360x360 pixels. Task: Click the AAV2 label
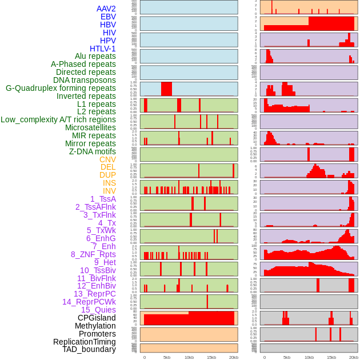[106, 9]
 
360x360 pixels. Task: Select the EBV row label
[108, 17]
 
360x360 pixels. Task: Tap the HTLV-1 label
[102, 49]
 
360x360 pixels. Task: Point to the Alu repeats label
[95, 56]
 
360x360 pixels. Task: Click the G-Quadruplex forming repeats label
[61, 88]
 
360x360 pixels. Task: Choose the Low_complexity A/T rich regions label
[58, 119]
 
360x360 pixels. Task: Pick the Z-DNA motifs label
[93, 151]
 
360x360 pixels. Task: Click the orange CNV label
[107, 159]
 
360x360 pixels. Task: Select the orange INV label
[109, 191]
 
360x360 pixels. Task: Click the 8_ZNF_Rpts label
[93, 254]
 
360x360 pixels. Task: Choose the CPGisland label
[97, 318]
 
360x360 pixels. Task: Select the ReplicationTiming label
[85, 342]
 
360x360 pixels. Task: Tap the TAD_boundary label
[89, 349]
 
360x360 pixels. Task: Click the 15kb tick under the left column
[211, 357]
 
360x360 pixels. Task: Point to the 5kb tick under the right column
[287, 357]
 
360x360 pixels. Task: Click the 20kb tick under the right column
[354, 357]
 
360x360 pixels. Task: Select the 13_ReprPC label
[94, 294]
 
